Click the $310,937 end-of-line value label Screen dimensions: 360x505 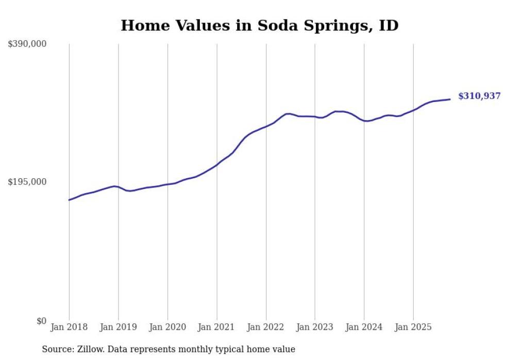coord(479,96)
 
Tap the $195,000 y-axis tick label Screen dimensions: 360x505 coord(27,182)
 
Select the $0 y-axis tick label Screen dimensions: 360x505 coord(41,321)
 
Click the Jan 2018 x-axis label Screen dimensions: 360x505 coord(69,327)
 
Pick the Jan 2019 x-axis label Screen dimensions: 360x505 coord(118,327)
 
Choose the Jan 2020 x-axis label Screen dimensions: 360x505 coord(167,327)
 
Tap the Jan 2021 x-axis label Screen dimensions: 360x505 coord(216,327)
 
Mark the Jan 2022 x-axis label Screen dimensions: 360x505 coord(266,327)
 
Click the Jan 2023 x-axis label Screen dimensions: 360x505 coord(315,327)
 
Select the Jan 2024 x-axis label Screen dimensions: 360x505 coord(364,327)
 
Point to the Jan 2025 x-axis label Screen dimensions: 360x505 coord(413,327)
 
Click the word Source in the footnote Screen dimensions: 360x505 coord(57,349)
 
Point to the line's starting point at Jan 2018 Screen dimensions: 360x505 coord(69,200)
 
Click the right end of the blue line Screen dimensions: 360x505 coord(450,99)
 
